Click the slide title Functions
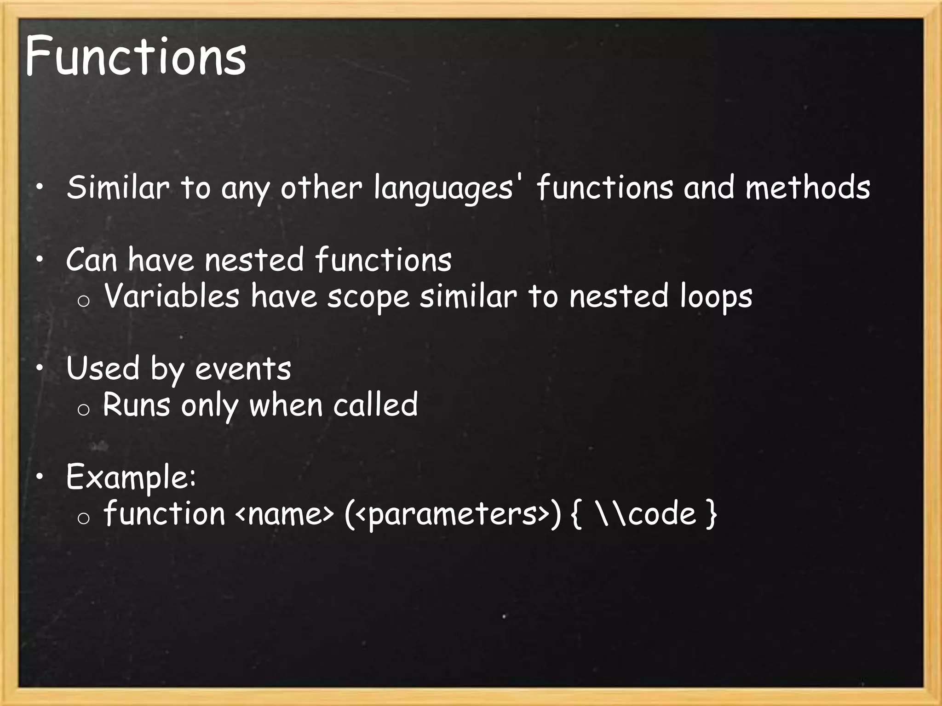(136, 57)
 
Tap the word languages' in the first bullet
(443, 188)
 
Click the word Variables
(172, 296)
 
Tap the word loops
(716, 297)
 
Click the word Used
(103, 369)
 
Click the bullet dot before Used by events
(40, 368)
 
